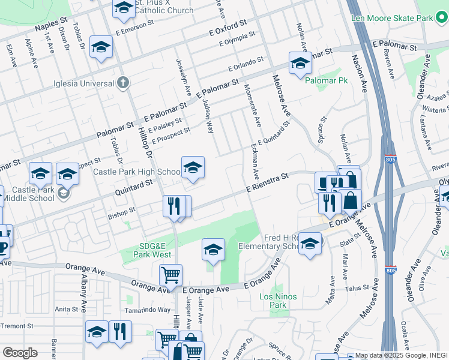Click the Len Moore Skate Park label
393,19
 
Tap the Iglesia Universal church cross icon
122,83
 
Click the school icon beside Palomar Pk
300,63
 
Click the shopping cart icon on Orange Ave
170,276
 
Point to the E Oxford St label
228,28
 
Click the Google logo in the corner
20,353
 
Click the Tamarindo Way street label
147,310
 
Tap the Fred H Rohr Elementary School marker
310,243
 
